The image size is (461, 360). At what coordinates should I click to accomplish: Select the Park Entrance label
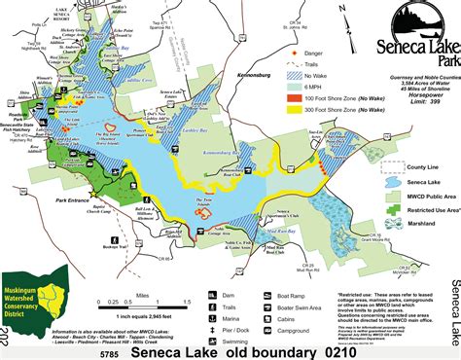73,199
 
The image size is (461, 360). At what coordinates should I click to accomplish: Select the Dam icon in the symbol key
214,291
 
